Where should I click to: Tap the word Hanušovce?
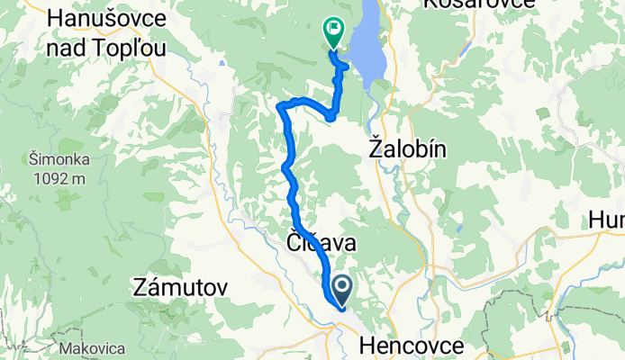coord(98,18)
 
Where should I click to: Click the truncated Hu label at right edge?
coord(606,220)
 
